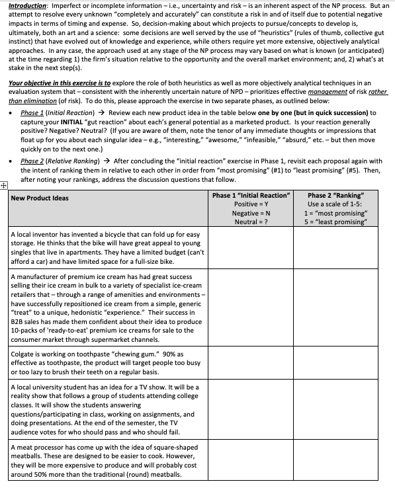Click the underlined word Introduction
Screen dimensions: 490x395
pos(28,5)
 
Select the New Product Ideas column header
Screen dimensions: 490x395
pos(40,198)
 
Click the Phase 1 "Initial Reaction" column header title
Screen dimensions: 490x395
pos(251,196)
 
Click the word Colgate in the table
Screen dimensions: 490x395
pos(24,354)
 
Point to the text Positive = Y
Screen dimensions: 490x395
pos(251,204)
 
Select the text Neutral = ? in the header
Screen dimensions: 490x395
pos(251,222)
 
